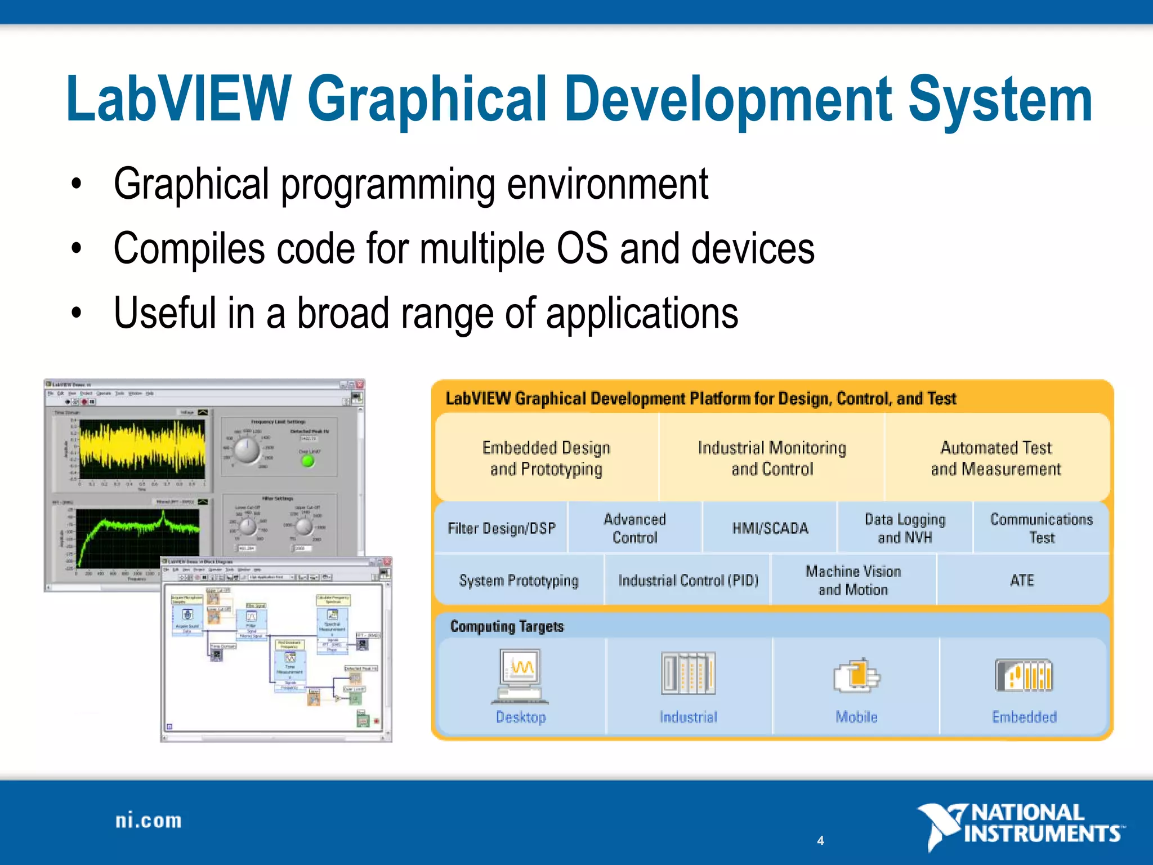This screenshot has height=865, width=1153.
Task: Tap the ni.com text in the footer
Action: point(149,821)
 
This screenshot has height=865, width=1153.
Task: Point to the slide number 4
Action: point(820,840)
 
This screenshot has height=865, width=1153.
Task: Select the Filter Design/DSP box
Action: point(502,528)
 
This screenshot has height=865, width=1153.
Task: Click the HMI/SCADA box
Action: point(770,528)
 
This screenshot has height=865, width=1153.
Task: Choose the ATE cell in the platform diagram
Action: point(1022,580)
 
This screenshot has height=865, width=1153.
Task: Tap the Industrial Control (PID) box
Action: point(688,580)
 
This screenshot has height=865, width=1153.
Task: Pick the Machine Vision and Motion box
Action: point(853,580)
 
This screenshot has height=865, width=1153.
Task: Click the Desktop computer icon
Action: point(520,676)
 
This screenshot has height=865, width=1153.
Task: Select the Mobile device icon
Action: point(856,675)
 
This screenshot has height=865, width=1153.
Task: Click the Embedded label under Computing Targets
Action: point(1024,717)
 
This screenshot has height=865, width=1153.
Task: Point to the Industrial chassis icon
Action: point(688,674)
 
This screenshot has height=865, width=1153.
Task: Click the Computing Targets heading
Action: point(507,626)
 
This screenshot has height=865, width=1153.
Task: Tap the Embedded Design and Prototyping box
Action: point(546,458)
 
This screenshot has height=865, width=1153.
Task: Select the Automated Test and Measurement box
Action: point(995,458)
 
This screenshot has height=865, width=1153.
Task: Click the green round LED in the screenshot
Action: point(307,461)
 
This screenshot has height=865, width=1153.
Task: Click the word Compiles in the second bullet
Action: point(189,249)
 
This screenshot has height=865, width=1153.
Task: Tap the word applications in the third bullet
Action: point(642,314)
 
